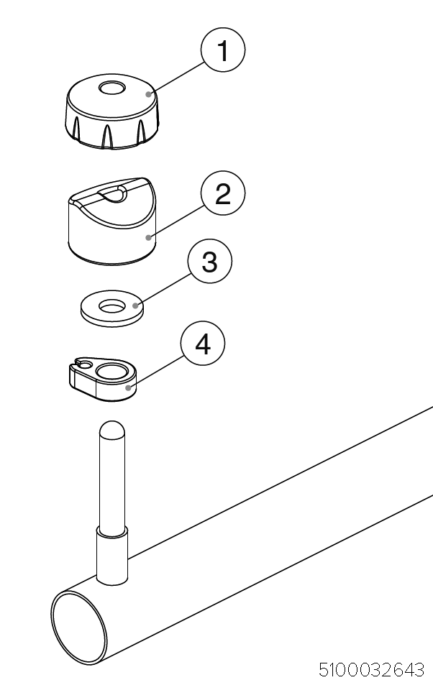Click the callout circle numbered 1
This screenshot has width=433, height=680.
[223, 50]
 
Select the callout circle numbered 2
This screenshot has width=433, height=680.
[223, 193]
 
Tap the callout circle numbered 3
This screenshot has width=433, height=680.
[210, 262]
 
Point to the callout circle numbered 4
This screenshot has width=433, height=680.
[203, 344]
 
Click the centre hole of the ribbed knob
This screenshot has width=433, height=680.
[112, 88]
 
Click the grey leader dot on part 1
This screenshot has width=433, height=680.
[149, 93]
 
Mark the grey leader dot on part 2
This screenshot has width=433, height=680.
[149, 237]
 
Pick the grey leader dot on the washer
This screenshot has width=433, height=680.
[135, 305]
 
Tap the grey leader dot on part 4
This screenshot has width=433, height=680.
[129, 387]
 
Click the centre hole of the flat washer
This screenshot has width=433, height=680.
[112, 307]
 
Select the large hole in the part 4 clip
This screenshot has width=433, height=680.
[112, 371]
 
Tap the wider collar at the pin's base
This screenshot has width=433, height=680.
[112, 556]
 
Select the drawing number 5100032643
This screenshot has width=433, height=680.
[371, 670]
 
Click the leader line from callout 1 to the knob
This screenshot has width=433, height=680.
[178, 77]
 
